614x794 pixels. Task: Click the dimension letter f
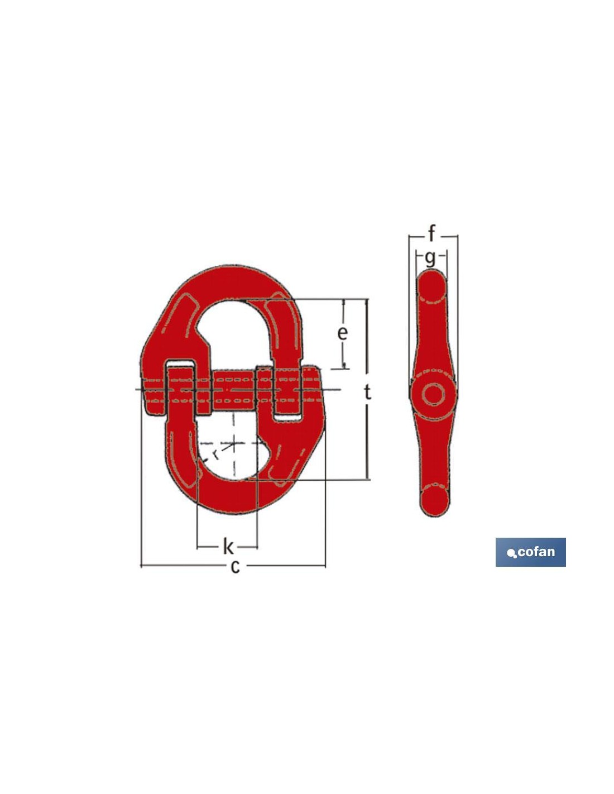tap(431, 233)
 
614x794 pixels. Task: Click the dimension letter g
tap(431, 259)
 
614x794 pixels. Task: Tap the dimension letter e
tap(342, 333)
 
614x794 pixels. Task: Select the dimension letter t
tap(368, 393)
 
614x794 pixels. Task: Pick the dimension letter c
tap(235, 567)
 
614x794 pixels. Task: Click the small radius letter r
tap(216, 454)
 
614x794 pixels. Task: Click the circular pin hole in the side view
tap(433, 395)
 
